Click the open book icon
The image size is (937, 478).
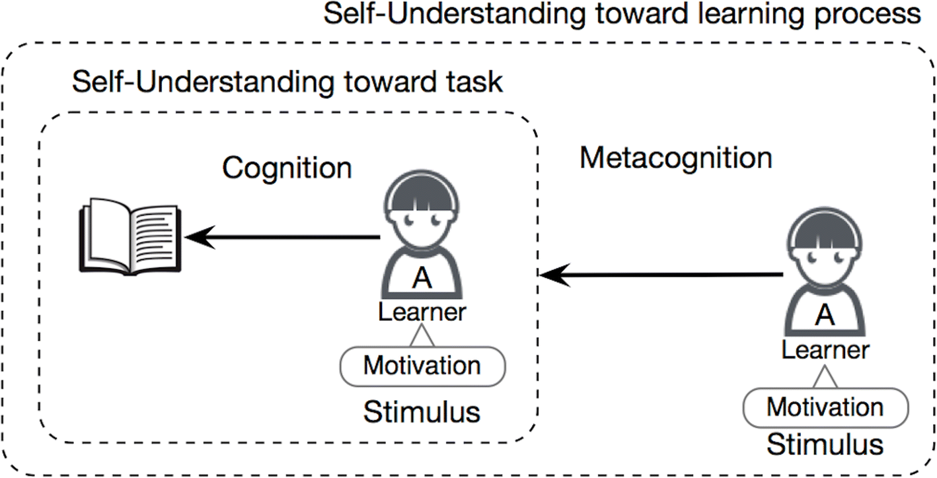point(129,238)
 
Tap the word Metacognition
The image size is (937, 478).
point(676,158)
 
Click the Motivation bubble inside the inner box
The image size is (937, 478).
point(422,365)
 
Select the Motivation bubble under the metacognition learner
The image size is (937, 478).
point(825,407)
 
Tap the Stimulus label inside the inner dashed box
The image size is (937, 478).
point(422,412)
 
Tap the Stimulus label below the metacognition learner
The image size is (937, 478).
point(825,444)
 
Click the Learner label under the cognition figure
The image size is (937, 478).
point(422,312)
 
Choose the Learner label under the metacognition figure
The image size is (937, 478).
point(825,350)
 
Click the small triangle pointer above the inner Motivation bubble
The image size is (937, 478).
point(422,338)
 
